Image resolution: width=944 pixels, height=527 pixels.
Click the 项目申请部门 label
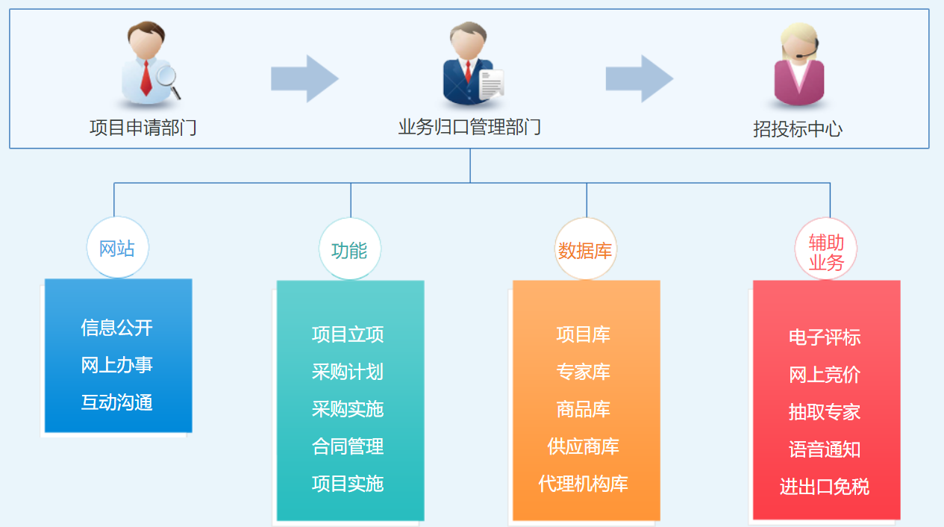pyautogui.click(x=143, y=128)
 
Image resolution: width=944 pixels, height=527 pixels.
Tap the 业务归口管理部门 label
pyautogui.click(x=469, y=127)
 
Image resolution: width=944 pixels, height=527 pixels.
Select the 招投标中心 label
pyautogui.click(x=798, y=129)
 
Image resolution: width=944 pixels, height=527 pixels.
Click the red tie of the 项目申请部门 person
pyautogui.click(x=146, y=78)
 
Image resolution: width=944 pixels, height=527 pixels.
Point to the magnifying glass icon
pyautogui.click(x=169, y=82)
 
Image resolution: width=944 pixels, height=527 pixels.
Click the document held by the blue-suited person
pyautogui.click(x=491, y=84)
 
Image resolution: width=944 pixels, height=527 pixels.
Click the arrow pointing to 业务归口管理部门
pyautogui.click(x=304, y=78)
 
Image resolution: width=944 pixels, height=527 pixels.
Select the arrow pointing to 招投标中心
pyautogui.click(x=640, y=78)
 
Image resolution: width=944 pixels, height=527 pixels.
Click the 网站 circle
pyautogui.click(x=118, y=248)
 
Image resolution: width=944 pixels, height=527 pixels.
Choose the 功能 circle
pyautogui.click(x=350, y=249)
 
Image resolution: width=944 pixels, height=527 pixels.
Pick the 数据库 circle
pyautogui.click(x=585, y=249)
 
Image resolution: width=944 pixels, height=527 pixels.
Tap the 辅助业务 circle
pyautogui.click(x=826, y=249)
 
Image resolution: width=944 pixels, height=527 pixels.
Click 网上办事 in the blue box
pyautogui.click(x=116, y=365)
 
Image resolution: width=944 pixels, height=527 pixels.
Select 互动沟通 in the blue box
pyautogui.click(x=116, y=402)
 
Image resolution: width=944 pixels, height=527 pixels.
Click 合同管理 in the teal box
pyautogui.click(x=348, y=446)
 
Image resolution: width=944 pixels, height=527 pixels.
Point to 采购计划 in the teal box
pyautogui.click(x=348, y=372)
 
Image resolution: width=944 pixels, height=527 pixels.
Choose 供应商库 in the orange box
pyautogui.click(x=584, y=446)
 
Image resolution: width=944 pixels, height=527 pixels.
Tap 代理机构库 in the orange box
pyautogui.click(x=584, y=484)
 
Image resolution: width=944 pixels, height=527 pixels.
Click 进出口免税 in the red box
pyautogui.click(x=825, y=487)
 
